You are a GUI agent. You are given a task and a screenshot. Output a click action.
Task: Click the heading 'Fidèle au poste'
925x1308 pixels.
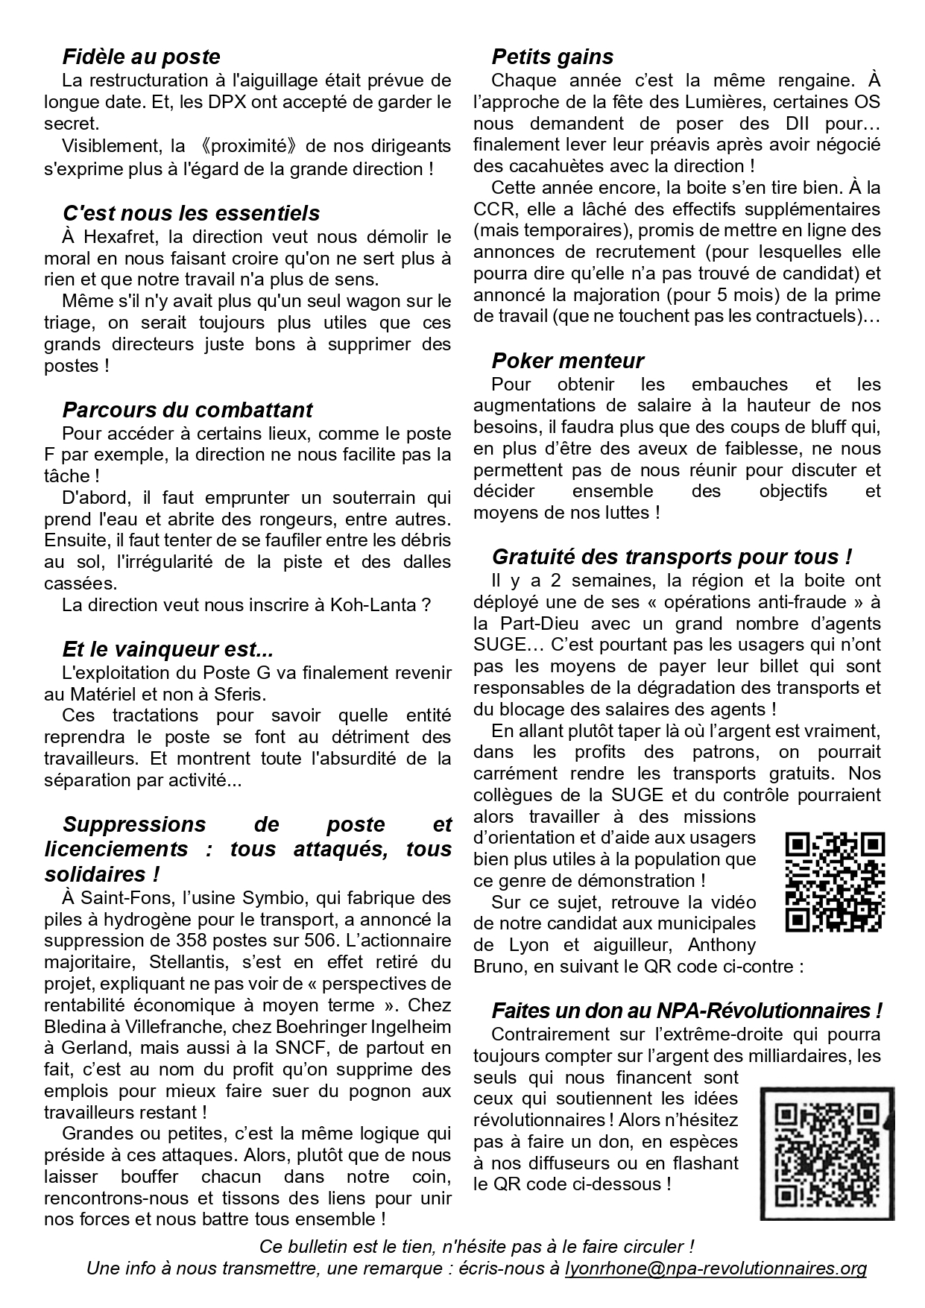tap(141, 57)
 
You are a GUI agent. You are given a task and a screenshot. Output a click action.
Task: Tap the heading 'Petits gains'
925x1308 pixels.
tap(552, 57)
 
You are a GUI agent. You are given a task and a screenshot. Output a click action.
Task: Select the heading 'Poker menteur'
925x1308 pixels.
tap(567, 361)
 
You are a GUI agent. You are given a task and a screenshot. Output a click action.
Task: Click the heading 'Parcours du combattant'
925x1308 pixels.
tap(187, 410)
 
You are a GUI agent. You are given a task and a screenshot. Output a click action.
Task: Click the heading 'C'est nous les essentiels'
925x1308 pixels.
tap(191, 213)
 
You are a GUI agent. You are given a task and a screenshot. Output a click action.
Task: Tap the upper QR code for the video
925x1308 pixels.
tap(835, 882)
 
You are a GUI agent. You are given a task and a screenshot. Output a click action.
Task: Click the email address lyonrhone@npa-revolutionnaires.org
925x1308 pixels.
tap(716, 1268)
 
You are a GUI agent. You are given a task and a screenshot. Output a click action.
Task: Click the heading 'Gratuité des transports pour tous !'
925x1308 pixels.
tap(672, 557)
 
